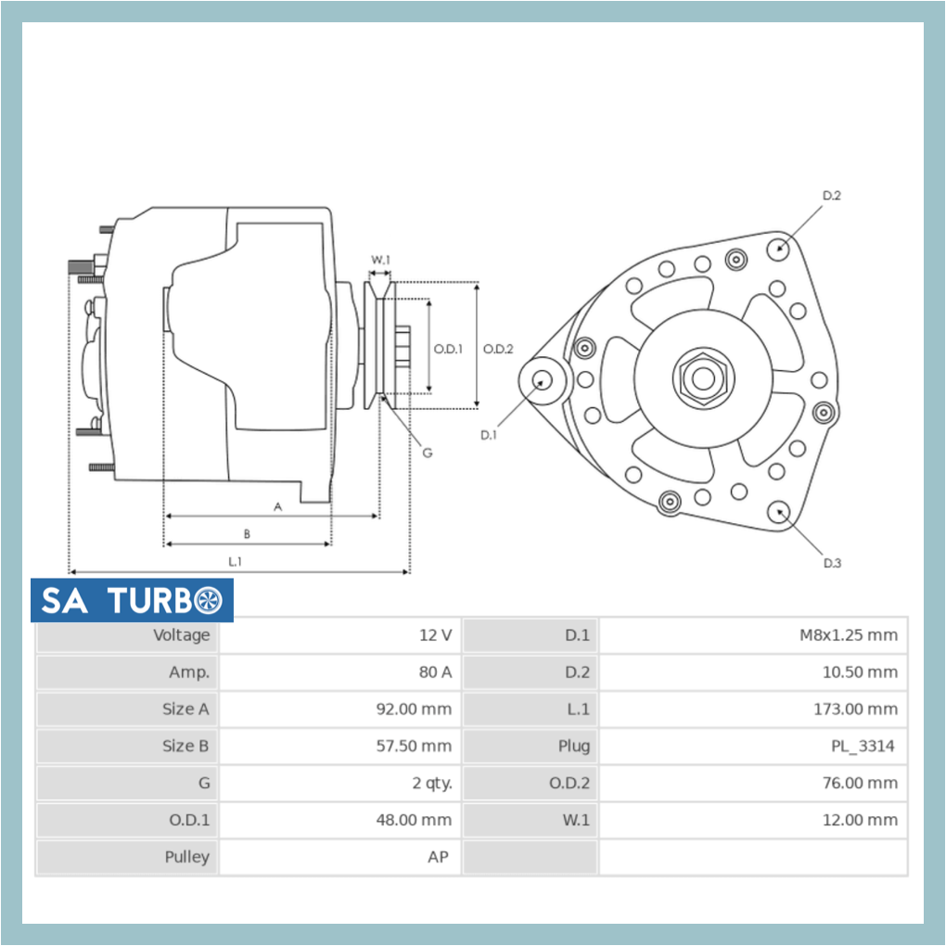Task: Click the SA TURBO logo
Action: tap(132, 601)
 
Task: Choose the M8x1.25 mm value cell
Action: tap(848, 635)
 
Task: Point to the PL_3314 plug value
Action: tap(863, 746)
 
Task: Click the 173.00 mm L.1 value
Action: tap(855, 709)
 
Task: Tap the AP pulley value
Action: tap(438, 857)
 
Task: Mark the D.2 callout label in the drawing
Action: tap(831, 196)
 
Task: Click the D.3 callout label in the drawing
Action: tap(832, 563)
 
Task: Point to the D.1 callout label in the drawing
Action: tap(489, 434)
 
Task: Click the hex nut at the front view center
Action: tap(703, 378)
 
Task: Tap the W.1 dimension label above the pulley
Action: tap(380, 260)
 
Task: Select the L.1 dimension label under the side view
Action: tap(236, 561)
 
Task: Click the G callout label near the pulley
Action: tap(427, 453)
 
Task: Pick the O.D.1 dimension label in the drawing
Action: tap(448, 349)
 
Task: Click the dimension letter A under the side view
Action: tap(277, 506)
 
